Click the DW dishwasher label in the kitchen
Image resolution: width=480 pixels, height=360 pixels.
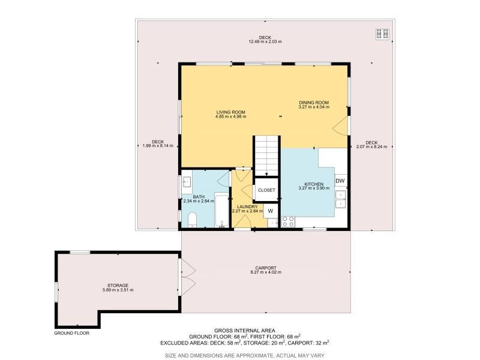point(340,181)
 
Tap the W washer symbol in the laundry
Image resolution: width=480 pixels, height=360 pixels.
point(271,211)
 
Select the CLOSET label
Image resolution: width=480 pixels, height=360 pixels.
point(266,190)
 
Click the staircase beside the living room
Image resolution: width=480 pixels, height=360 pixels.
point(266,156)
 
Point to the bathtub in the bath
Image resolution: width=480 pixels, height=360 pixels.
point(222,211)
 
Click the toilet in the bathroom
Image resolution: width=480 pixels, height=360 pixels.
point(192,220)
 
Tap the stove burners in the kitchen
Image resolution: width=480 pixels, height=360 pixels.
point(288,221)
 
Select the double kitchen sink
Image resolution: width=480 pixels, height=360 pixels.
point(341,199)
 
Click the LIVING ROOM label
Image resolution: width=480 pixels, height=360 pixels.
point(230,112)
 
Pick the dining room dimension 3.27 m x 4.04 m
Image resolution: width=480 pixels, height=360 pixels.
point(314,107)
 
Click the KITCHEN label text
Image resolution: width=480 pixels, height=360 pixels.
point(314,184)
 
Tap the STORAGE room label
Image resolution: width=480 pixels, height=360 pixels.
point(118,286)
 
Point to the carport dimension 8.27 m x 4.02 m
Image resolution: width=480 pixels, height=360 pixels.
point(266,272)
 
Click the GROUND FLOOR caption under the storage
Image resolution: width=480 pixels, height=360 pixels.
point(71,333)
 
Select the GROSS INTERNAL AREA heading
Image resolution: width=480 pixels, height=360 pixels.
point(245,331)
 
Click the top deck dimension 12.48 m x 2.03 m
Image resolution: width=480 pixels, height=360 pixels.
point(265,41)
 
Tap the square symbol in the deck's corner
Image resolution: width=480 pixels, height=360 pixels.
point(383,34)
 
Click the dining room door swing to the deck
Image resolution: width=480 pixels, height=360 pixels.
point(341,125)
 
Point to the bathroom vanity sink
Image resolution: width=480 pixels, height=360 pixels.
point(187,182)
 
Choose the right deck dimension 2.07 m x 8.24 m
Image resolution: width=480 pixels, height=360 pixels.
point(371,146)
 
